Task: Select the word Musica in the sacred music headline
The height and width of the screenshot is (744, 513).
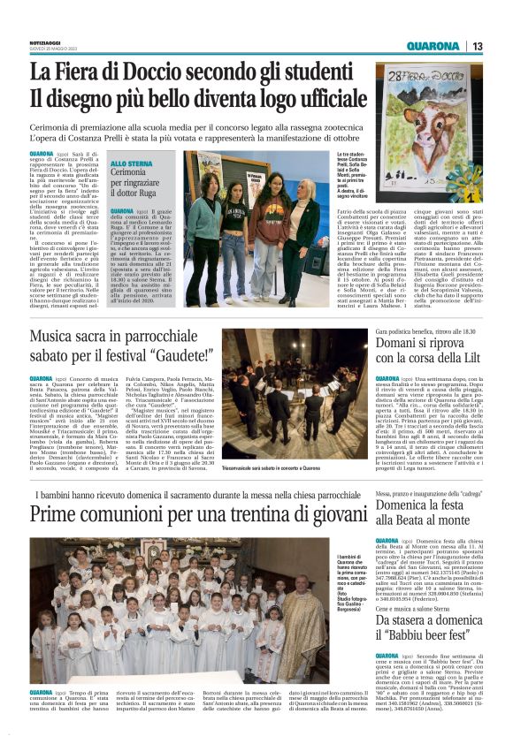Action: click(x=57, y=338)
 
